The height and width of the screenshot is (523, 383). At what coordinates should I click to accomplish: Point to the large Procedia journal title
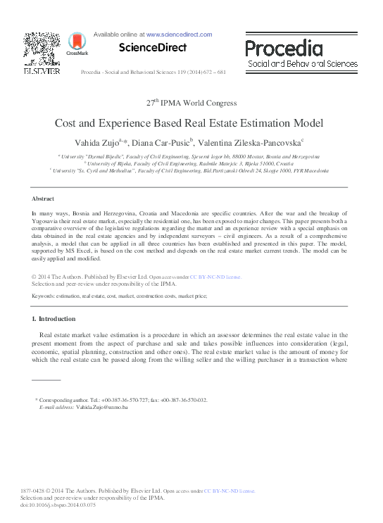pyautogui.click(x=284, y=49)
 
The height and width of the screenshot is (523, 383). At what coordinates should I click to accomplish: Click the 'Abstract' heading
pyautogui.click(x=44, y=200)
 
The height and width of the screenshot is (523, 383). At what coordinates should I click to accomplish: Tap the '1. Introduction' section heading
pyautogui.click(x=58, y=319)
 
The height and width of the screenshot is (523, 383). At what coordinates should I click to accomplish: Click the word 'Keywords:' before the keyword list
pyautogui.click(x=46, y=297)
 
